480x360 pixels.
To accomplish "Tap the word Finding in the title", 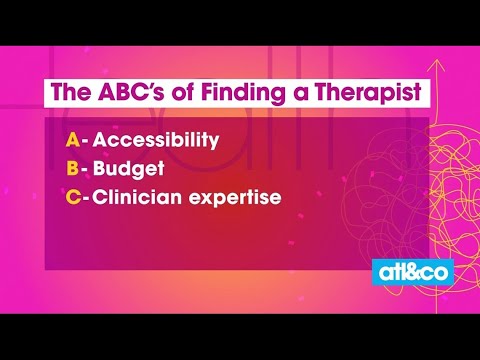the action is (243, 92).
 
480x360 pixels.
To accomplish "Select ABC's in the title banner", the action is (131, 91).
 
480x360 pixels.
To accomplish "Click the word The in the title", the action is (71, 91).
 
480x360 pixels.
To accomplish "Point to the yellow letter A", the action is (73, 140).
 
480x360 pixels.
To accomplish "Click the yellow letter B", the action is (72, 168).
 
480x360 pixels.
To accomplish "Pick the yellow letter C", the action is (73, 197).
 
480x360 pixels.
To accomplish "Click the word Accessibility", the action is (156, 140).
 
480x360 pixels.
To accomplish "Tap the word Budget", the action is (128, 169).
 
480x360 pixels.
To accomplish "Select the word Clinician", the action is (137, 197).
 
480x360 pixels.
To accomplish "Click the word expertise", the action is (235, 198).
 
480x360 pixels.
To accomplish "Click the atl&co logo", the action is (413, 272).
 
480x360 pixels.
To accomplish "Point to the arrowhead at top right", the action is (436, 66).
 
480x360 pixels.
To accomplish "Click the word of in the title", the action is (182, 92).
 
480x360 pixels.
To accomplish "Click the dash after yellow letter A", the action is (85, 142).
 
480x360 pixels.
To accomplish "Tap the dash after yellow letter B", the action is (85, 170).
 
